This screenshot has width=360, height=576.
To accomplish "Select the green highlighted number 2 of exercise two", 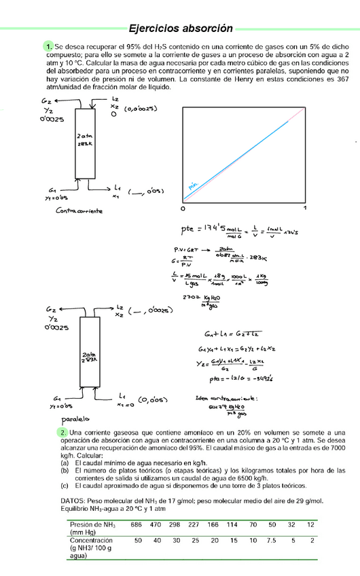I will coord(44,433).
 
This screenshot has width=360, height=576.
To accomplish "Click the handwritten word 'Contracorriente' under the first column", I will coord(79,211).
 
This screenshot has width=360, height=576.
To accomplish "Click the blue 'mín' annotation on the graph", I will coord(192,184).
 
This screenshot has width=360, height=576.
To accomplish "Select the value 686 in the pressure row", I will coord(137,524).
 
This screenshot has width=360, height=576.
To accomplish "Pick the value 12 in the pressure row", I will coord(310,524).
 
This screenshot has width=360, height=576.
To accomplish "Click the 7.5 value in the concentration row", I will coord(272,541).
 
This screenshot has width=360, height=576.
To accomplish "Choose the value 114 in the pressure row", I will coord(232,524).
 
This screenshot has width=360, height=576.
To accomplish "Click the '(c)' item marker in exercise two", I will coord(64,486).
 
